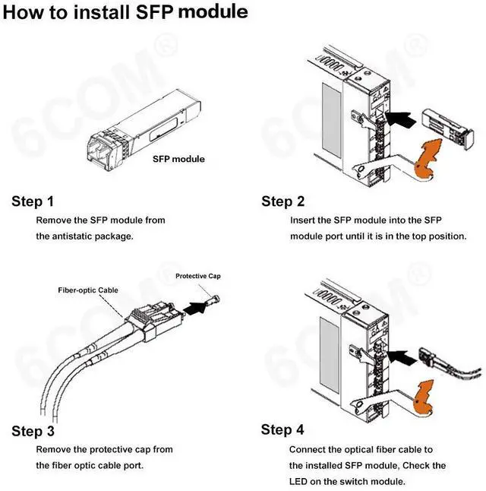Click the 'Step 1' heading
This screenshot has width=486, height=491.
coord(33,201)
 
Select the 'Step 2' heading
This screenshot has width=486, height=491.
coord(283,201)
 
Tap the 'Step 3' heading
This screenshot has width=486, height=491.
coord(33,432)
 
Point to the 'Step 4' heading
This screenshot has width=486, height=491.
coord(282,430)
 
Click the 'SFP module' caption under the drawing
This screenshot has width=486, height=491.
coord(178,160)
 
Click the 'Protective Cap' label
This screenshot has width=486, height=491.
coord(197,276)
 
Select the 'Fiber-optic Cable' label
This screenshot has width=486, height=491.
coord(88,290)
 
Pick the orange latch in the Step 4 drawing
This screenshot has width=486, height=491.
coord(430,397)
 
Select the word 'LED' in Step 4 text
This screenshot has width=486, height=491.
coord(299,481)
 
